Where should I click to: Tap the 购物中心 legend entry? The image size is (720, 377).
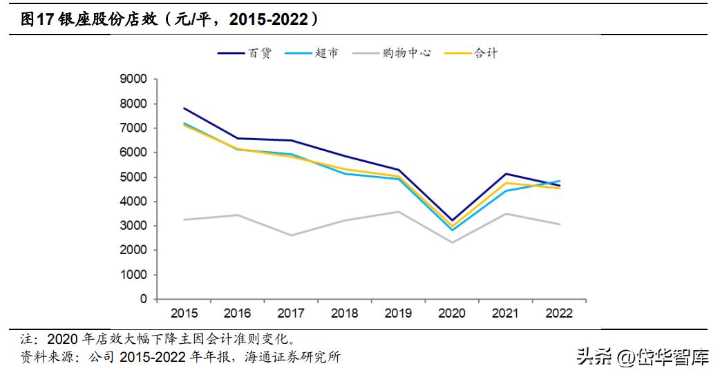(407, 53)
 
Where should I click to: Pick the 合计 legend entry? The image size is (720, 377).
(486, 53)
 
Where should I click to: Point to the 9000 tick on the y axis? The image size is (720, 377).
(134, 79)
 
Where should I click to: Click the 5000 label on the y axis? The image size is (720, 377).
(134, 177)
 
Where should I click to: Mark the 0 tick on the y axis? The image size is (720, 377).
(143, 299)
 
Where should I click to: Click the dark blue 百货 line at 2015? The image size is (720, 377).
(184, 108)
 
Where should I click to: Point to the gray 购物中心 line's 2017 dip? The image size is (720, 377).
(291, 235)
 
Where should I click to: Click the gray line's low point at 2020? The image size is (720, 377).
(452, 242)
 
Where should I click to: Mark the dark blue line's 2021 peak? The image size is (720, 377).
(505, 174)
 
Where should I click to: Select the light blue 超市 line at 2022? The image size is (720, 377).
(559, 181)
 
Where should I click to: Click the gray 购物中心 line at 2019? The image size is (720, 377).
(399, 212)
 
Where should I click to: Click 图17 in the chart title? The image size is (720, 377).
(32, 20)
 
